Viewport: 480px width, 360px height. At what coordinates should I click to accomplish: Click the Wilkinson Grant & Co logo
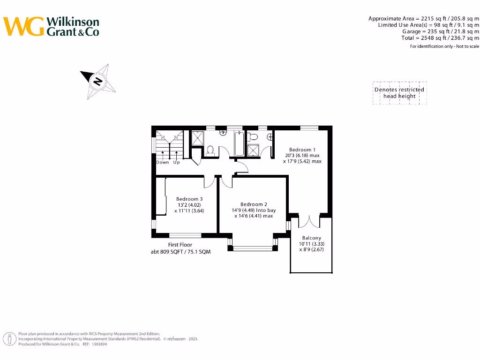coord(52,27)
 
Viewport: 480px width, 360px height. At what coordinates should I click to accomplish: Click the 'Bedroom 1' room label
coord(302,150)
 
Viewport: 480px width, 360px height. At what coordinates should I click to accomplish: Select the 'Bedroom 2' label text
coord(254,204)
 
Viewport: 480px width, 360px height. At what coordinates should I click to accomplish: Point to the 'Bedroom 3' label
coord(189,199)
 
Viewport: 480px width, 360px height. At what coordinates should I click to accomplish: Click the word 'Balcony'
coord(312,238)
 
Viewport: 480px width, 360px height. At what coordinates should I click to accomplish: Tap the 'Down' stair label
coord(163,163)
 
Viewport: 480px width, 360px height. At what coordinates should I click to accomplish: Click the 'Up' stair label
coord(177,163)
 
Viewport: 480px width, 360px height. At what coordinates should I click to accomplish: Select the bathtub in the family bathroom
coord(239,143)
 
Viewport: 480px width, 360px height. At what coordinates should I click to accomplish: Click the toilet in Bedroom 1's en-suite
coord(254,136)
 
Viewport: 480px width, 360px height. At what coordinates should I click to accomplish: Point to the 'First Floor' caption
coord(180,245)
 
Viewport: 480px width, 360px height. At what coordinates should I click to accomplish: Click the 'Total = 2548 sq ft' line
coord(440,38)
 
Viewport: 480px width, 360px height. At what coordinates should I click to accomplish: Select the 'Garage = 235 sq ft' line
coord(441,31)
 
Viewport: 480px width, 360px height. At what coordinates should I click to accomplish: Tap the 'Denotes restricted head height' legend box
coord(399,93)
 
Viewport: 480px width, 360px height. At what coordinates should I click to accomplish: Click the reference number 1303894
coord(98,344)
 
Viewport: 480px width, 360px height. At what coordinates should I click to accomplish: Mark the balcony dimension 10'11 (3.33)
coord(312,244)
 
